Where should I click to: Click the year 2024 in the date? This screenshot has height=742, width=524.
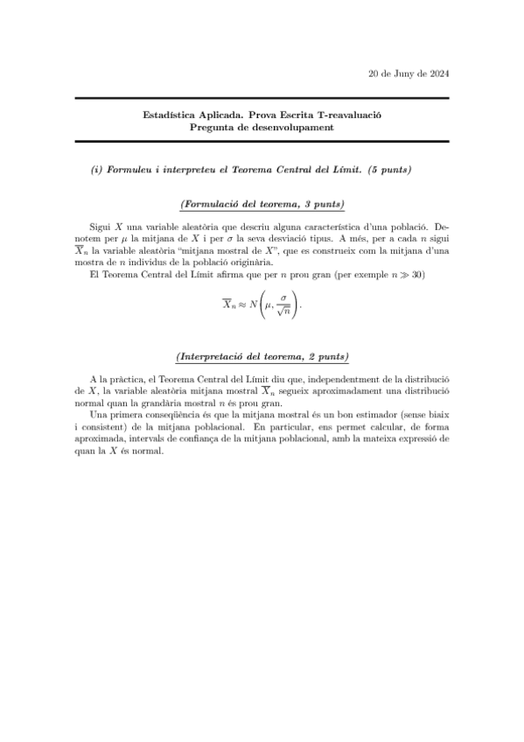pyautogui.click(x=440, y=73)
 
